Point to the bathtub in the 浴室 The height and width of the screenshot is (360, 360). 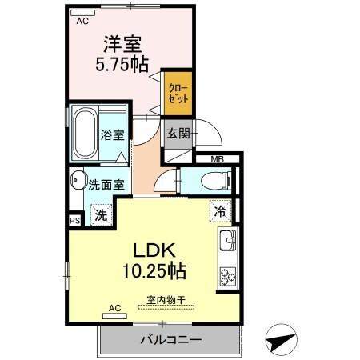[x=85, y=134]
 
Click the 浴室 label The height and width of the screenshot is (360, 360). [x=113, y=134]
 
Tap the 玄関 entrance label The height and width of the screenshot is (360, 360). [x=177, y=134]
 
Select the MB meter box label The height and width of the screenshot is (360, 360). [x=217, y=160]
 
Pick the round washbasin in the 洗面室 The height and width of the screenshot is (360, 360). [x=78, y=179]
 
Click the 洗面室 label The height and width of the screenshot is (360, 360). [x=106, y=183]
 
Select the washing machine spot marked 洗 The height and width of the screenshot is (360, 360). [x=100, y=214]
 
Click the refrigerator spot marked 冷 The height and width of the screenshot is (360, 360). [x=221, y=212]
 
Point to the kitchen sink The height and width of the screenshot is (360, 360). [x=227, y=241]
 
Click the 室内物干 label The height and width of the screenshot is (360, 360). [x=166, y=301]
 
